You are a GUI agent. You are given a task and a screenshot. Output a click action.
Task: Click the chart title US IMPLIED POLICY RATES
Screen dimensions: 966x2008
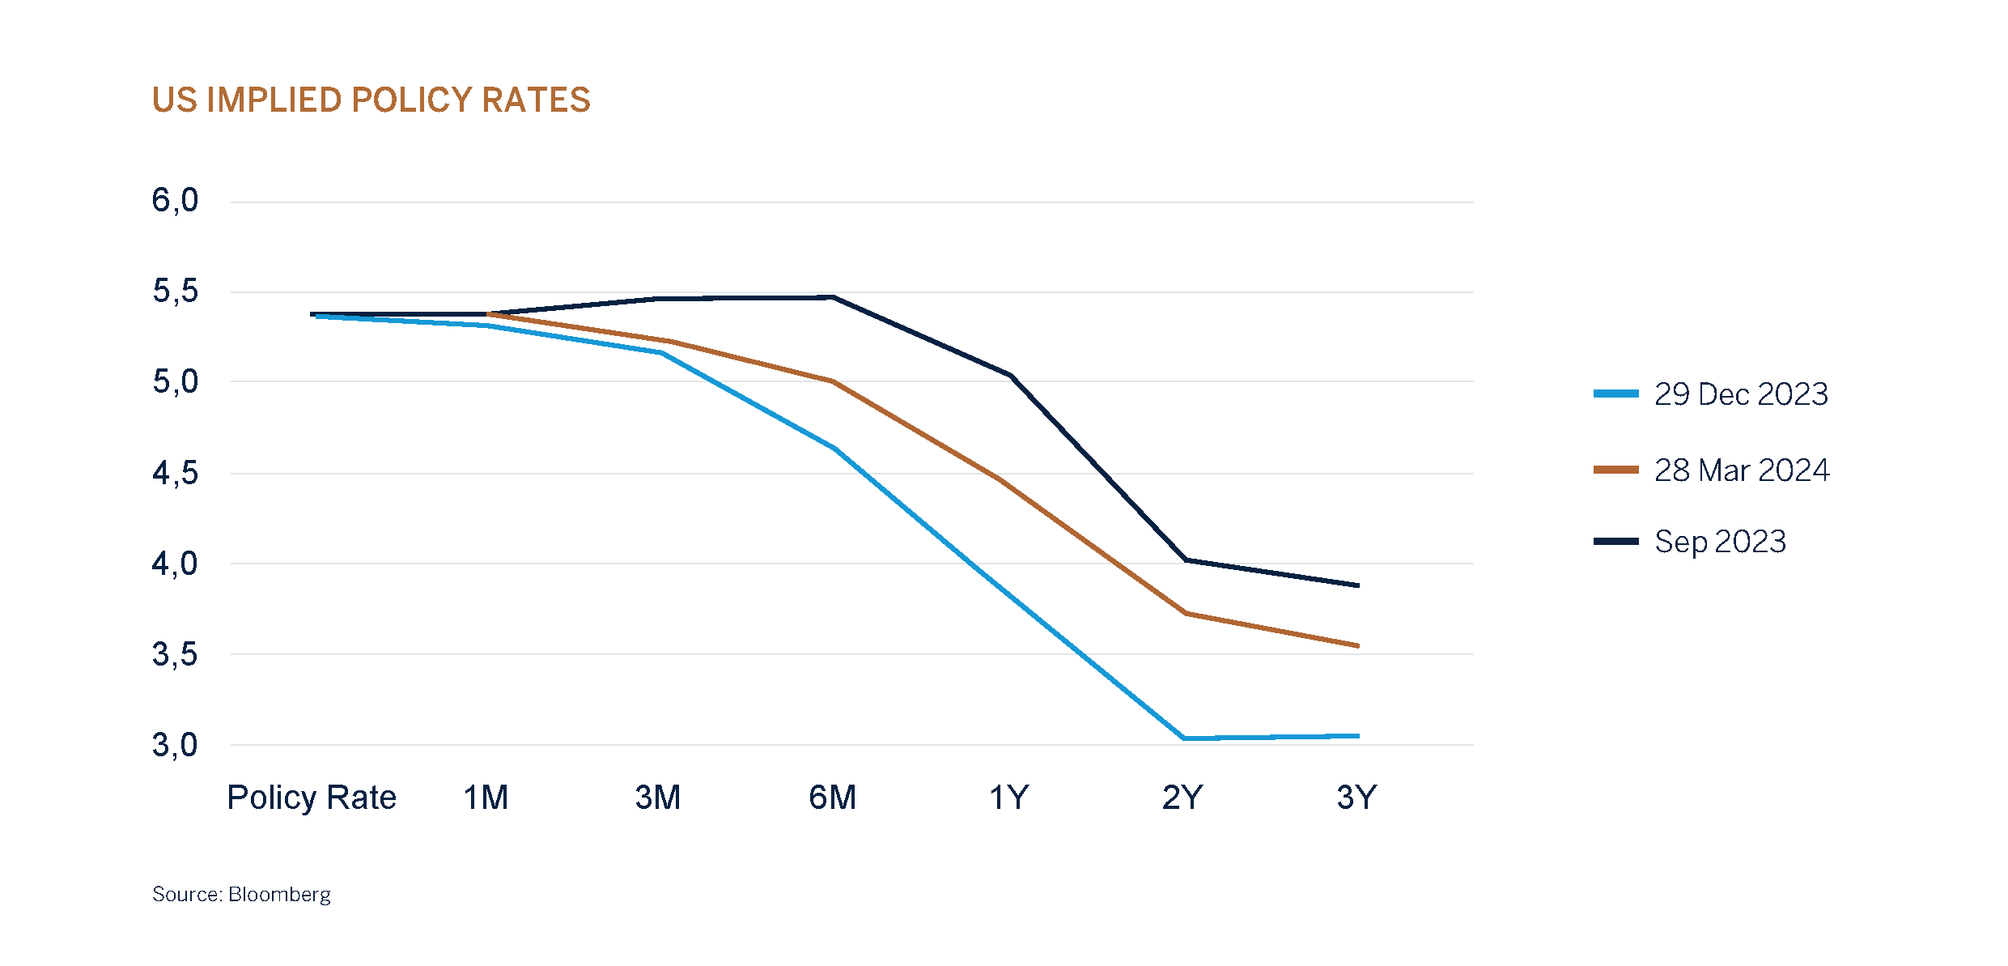coord(371,100)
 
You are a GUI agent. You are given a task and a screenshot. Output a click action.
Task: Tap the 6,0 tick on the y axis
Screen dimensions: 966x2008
coord(175,201)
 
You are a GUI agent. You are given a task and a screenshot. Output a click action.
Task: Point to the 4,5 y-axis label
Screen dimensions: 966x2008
coord(175,473)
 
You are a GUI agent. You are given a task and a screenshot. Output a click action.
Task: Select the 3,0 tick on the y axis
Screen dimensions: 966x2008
coord(175,745)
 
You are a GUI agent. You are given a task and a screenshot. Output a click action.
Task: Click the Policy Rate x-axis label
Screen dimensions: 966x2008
coord(312,798)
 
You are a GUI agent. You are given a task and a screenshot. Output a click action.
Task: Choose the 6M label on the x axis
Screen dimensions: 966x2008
coord(832,798)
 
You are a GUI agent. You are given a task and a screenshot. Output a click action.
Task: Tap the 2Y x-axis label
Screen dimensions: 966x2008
coord(1182,798)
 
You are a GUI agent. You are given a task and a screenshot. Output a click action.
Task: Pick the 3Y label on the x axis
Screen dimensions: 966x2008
coord(1356,798)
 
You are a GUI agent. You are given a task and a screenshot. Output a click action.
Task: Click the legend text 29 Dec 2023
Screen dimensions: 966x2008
coord(1741,394)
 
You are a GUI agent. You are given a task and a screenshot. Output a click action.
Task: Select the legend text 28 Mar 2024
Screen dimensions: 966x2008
coord(1742,470)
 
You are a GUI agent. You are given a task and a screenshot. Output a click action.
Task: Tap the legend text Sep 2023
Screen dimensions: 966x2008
coord(1720,542)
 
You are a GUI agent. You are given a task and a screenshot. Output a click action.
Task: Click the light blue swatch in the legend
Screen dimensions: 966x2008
coord(1615,394)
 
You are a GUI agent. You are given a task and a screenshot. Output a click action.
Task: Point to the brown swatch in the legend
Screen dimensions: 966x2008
coord(1615,470)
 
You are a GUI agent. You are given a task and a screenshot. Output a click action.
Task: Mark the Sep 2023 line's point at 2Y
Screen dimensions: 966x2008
coord(1186,560)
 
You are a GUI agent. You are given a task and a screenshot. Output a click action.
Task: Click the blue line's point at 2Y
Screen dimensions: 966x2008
coord(1184,738)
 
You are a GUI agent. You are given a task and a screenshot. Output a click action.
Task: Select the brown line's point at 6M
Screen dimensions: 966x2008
coord(833,381)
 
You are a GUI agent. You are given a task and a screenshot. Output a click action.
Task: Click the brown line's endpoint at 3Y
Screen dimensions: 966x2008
coord(1357,645)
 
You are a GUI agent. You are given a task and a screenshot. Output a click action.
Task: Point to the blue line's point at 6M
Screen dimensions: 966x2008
coord(835,449)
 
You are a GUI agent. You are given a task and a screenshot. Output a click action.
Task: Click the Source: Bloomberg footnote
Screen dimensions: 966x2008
coord(241,895)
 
